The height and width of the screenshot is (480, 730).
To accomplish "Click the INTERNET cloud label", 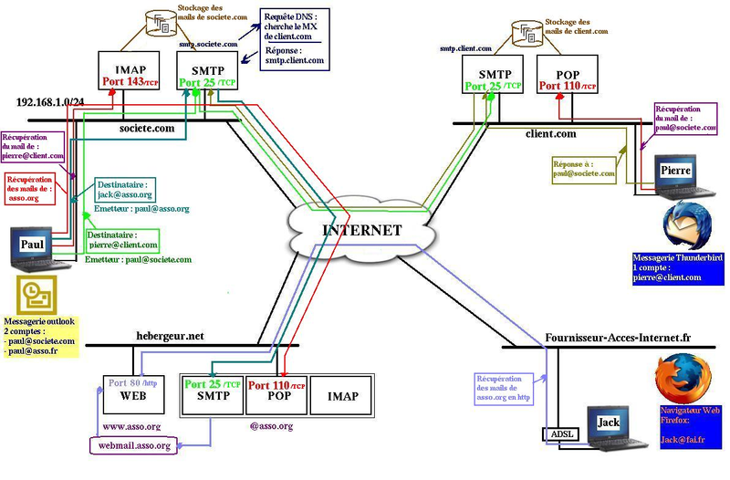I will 361,230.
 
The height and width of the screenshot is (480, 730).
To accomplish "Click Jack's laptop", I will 607,427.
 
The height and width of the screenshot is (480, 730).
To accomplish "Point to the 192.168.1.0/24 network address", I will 50,102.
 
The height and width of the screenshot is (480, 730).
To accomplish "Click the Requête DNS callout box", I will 294,37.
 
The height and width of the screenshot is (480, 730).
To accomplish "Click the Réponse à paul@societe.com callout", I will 582,168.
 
